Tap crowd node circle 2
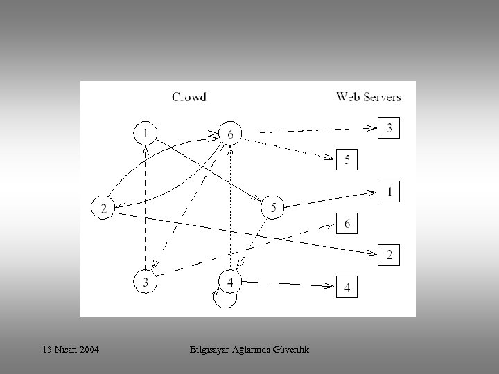click(x=103, y=208)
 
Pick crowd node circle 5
click(x=272, y=207)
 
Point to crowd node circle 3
click(x=145, y=281)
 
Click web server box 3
click(x=389, y=128)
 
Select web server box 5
click(x=347, y=160)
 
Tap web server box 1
click(x=389, y=191)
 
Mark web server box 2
click(x=389, y=255)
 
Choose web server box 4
click(x=347, y=286)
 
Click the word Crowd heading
click(x=189, y=97)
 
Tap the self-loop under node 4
click(x=226, y=299)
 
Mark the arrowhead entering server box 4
click(x=331, y=285)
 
